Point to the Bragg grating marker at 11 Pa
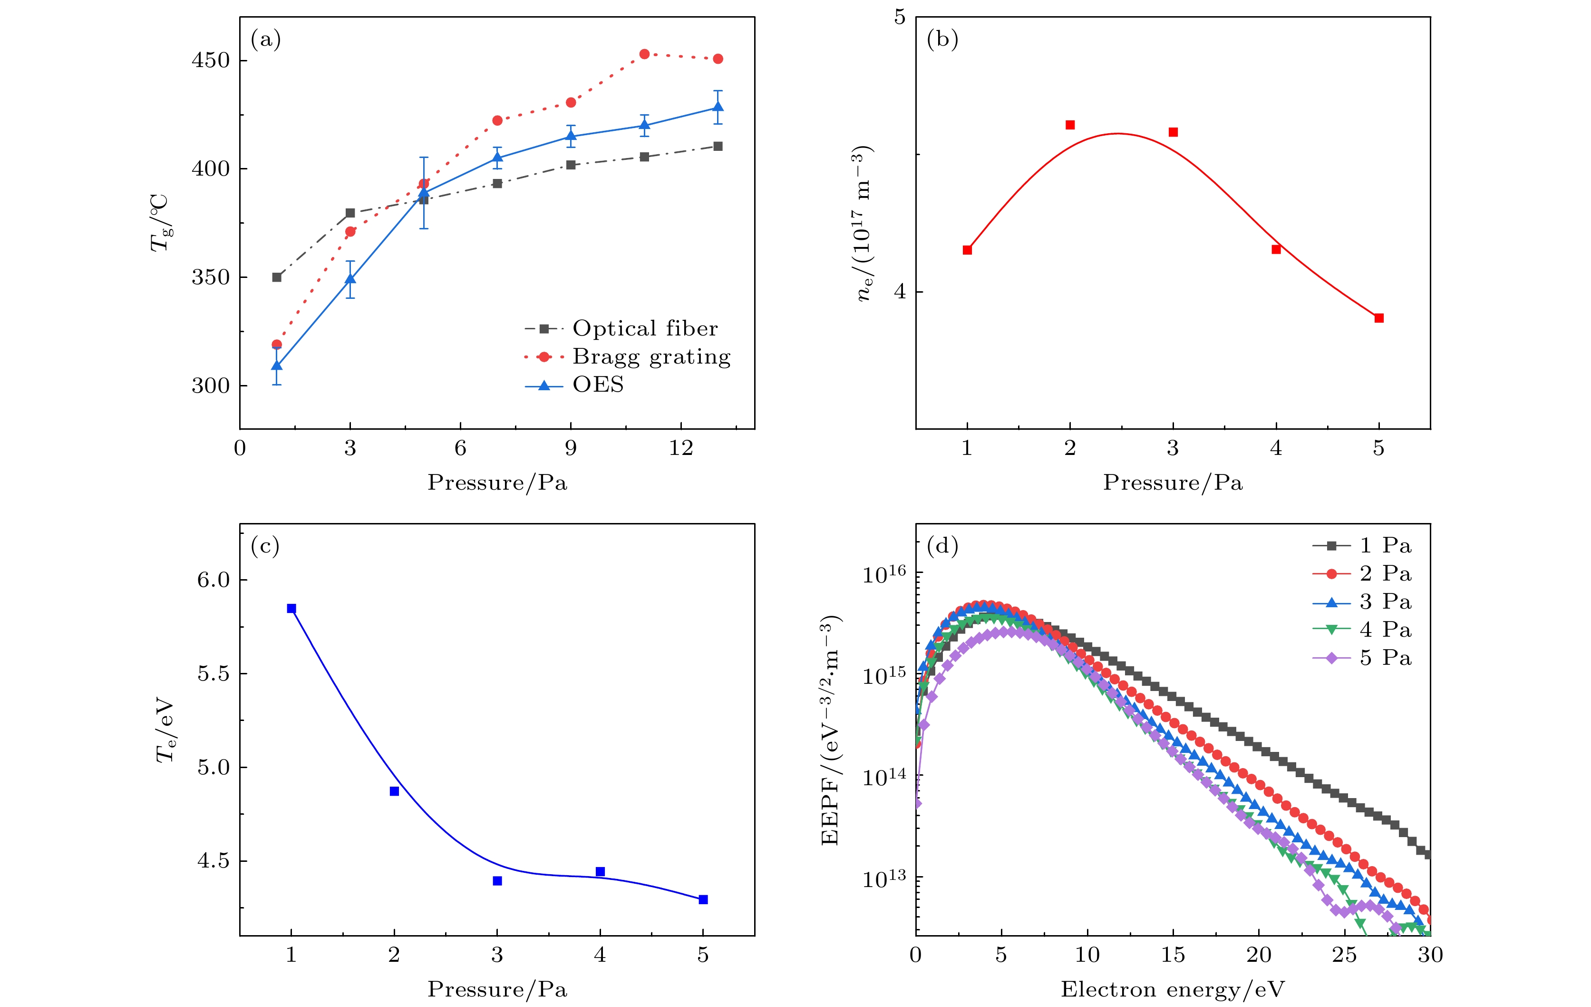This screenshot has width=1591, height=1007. coord(644,54)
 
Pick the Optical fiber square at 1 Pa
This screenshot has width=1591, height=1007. coord(277,277)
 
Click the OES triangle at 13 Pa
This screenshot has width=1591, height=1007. coord(718,107)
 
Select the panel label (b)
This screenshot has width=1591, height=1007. coord(942,39)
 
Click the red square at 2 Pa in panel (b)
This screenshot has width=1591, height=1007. coord(1070,125)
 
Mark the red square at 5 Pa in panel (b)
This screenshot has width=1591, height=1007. coord(1379,318)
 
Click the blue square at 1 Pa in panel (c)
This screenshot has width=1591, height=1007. coord(291,608)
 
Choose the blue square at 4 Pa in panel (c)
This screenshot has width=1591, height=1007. coord(600,871)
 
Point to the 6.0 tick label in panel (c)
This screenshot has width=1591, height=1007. coord(213,580)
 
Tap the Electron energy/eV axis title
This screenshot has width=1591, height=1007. coord(1173,989)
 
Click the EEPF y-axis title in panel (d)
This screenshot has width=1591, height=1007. coord(831,730)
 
